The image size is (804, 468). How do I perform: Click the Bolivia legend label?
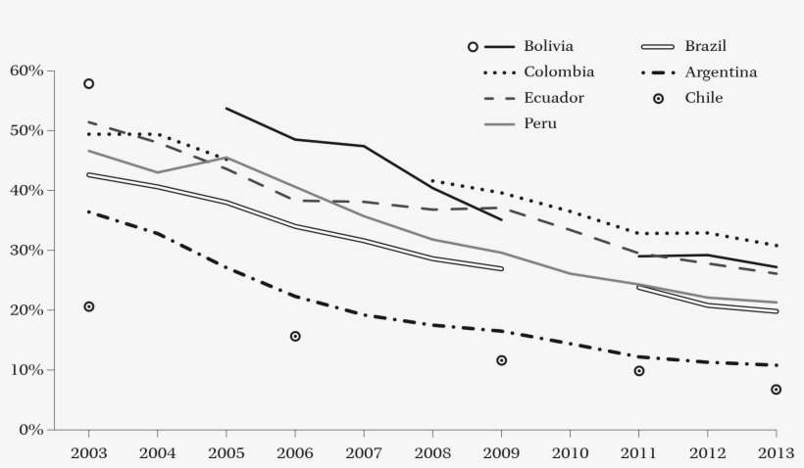pyautogui.click(x=548, y=46)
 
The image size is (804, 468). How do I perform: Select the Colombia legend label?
pyautogui.click(x=558, y=71)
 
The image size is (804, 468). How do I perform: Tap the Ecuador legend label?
pyautogui.click(x=553, y=97)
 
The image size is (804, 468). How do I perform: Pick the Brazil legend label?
pyautogui.click(x=705, y=46)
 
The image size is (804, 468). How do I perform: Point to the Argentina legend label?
pyautogui.click(x=721, y=71)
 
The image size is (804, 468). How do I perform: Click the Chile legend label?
pyautogui.click(x=704, y=97)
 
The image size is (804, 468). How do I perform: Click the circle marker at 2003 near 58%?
pyautogui.click(x=88, y=84)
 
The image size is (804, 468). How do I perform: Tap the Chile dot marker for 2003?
pyautogui.click(x=88, y=306)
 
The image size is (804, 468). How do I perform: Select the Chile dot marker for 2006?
pyautogui.click(x=295, y=336)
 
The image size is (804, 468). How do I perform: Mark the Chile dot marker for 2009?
pyautogui.click(x=501, y=360)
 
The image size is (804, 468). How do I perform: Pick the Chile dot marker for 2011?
pyautogui.click(x=639, y=371)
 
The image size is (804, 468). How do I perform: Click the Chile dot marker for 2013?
pyautogui.click(x=777, y=390)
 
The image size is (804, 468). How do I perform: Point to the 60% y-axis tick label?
pyautogui.click(x=26, y=70)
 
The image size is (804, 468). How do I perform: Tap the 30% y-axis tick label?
pyautogui.click(x=26, y=251)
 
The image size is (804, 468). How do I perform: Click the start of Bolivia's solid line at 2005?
pyautogui.click(x=226, y=109)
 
